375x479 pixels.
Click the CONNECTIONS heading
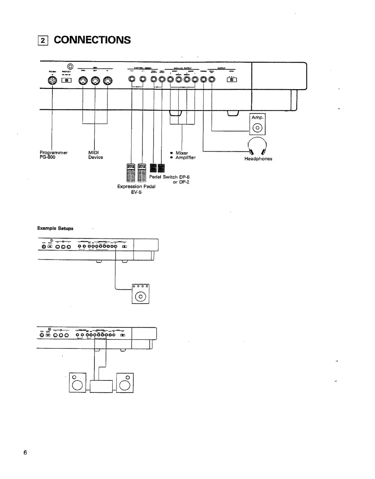[x=92, y=40]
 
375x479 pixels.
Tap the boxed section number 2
[x=43, y=40]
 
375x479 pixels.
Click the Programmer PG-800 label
[x=53, y=155]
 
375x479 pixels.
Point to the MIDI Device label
[x=95, y=155]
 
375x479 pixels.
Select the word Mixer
[x=181, y=153]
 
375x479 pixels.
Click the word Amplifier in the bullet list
[x=185, y=158]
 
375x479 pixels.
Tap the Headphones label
[x=258, y=159]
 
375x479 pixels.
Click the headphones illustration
[x=257, y=146]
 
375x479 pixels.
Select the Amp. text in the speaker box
[x=257, y=118]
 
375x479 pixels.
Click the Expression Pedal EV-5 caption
[x=136, y=189]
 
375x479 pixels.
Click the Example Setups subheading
[x=55, y=228]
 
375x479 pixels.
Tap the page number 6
[x=25, y=452]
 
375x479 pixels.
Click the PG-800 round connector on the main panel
[x=53, y=80]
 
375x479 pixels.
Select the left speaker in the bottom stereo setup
[x=77, y=383]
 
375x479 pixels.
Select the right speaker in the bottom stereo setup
[x=125, y=383]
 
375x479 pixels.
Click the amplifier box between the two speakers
[x=101, y=387]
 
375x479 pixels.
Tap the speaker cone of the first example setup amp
[x=140, y=297]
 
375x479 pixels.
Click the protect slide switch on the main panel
[x=67, y=80]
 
